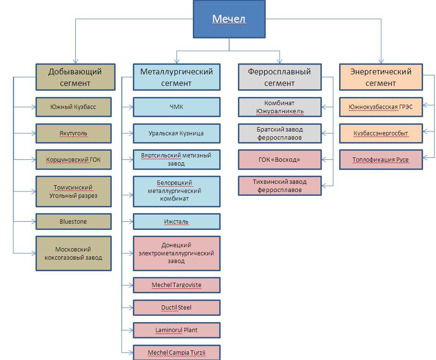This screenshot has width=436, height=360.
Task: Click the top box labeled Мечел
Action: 229,20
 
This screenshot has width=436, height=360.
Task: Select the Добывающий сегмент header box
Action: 75,77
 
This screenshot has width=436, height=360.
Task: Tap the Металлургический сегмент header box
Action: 177,77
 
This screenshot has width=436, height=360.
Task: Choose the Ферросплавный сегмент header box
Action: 279,77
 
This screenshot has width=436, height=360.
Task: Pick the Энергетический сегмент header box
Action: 381,77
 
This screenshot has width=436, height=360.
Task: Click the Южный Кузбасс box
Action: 73,107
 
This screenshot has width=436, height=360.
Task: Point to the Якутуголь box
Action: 73,133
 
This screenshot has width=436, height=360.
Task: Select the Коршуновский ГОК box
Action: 73,160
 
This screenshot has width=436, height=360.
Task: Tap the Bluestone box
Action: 73,222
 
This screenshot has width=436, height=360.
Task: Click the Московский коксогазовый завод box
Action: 73,253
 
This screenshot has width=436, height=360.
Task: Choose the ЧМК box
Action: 177,107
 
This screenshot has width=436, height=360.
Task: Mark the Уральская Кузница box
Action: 177,133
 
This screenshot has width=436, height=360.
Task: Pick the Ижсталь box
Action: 177,222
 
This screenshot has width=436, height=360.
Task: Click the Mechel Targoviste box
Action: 177,285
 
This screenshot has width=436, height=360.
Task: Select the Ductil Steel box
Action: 177,308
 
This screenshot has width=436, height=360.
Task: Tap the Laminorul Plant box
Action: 177,330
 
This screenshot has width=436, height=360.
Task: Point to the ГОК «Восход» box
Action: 279,160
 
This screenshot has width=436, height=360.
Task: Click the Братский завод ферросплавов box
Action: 279,133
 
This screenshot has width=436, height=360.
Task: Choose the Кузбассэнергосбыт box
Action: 381,133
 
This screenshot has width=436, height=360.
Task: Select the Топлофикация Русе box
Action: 381,160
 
